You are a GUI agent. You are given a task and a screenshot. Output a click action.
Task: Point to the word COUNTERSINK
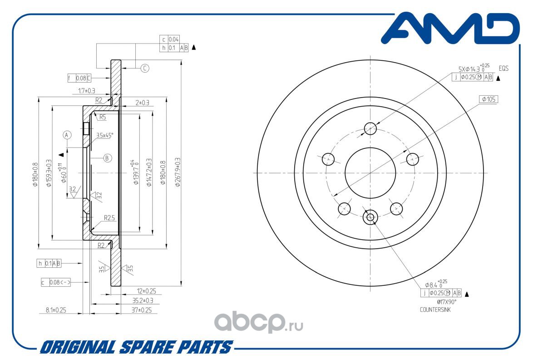point(435,310)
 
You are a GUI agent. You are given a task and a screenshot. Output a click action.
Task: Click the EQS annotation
point(503,69)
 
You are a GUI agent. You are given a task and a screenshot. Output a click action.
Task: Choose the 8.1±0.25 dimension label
point(56,310)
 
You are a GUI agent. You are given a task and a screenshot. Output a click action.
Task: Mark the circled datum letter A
point(67,135)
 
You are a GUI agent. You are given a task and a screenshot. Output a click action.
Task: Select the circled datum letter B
point(107,158)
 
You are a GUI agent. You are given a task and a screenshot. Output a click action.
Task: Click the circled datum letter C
point(144,69)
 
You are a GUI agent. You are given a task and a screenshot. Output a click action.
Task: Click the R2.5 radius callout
point(109,217)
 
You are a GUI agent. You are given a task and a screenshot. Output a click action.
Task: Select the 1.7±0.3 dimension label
point(87,91)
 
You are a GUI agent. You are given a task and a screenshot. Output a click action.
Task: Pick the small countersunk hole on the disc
point(370,217)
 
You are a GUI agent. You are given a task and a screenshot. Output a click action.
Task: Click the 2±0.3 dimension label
point(142,103)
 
